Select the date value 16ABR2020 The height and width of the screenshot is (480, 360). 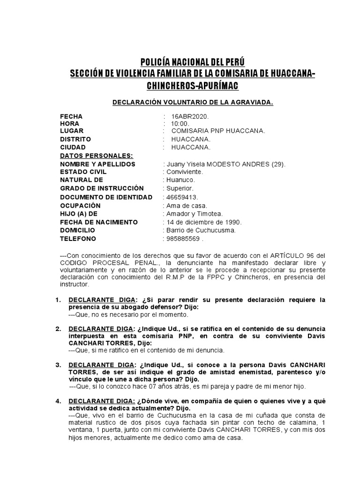[187, 116]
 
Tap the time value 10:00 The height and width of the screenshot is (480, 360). [180, 123]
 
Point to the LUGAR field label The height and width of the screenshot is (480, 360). [72, 131]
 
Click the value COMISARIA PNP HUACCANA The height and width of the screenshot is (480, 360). [218, 131]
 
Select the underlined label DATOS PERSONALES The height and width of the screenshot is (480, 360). [97, 156]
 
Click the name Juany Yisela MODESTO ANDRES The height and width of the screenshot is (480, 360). [224, 164]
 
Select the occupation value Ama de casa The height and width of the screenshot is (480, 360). [186, 205]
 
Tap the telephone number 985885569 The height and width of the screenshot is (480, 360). [182, 239]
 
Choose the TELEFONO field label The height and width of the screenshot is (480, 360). [78, 239]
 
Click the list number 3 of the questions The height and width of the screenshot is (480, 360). [59, 365]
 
